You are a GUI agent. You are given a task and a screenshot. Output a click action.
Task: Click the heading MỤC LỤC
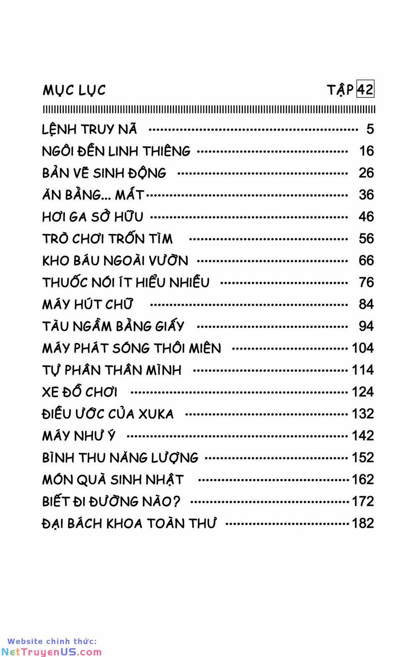[x=74, y=90]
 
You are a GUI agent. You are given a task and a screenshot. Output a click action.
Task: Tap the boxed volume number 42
[x=365, y=89]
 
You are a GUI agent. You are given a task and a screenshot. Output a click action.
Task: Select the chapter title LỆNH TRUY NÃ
[x=89, y=129]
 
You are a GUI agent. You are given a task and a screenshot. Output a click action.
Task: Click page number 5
[x=370, y=129]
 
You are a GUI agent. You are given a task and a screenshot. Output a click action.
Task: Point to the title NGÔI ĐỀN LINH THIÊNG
[x=116, y=151]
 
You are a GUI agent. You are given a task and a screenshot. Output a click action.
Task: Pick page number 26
[x=366, y=173]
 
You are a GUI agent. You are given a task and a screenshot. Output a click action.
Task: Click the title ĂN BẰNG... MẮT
[x=93, y=194]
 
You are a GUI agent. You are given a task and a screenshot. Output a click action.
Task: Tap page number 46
[x=366, y=217]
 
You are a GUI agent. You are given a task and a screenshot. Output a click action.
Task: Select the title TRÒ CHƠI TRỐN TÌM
[x=107, y=239]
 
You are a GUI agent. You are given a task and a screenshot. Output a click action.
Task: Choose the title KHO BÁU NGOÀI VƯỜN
[x=115, y=261]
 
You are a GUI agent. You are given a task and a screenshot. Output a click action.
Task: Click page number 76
[x=366, y=282]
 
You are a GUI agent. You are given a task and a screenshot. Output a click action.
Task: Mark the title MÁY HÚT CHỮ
[x=87, y=304]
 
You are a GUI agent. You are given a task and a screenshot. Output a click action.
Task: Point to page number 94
[x=366, y=326]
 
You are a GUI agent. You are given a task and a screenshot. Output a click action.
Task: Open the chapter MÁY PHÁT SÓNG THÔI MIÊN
[x=132, y=348]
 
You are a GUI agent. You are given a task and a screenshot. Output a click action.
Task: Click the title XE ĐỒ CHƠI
[x=80, y=392]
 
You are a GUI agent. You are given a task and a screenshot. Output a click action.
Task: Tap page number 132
[x=362, y=414]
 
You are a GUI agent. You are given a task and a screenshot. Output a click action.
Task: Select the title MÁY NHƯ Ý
[x=79, y=436]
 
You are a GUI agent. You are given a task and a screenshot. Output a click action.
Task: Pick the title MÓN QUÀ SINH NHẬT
[x=113, y=479]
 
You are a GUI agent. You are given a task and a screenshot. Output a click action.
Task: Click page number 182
[x=362, y=523]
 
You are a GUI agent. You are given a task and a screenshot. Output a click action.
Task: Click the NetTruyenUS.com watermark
[x=51, y=651]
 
